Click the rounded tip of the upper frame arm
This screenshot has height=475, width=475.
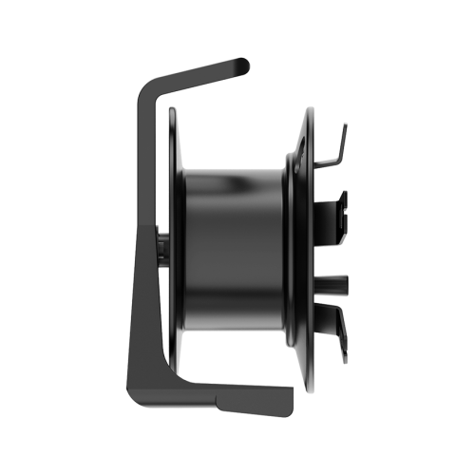[244, 65]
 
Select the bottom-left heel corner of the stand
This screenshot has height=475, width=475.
[130, 392]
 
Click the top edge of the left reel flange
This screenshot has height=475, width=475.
[172, 110]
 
